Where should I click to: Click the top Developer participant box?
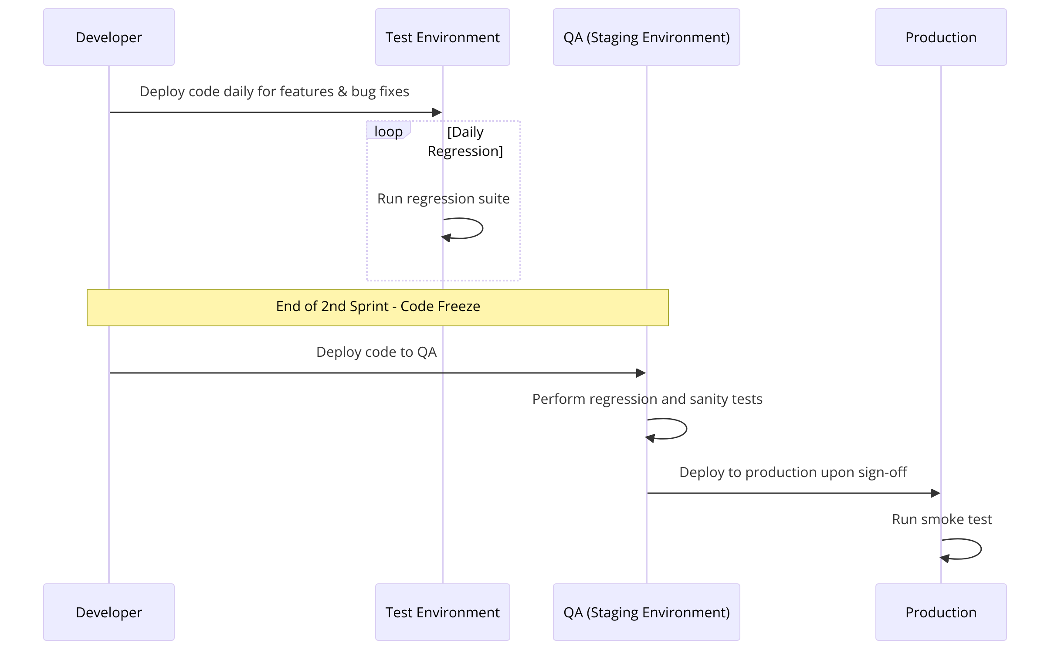point(109,37)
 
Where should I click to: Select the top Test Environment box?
point(442,37)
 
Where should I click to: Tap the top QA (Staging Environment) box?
point(646,37)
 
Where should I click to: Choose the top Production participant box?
point(941,37)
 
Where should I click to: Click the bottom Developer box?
point(109,612)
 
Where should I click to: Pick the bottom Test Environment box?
point(442,612)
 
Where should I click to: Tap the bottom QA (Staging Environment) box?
point(646,612)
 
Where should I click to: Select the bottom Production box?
point(941,612)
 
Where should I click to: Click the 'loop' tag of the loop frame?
point(388,131)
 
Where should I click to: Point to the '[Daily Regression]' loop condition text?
point(465,141)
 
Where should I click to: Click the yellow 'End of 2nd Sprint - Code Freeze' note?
point(377,307)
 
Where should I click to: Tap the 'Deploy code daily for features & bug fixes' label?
point(274,91)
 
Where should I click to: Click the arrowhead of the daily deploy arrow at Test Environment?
point(437,112)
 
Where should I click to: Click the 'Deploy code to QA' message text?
point(376,352)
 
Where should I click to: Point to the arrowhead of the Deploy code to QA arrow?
point(641,373)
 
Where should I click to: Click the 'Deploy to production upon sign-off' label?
point(793,472)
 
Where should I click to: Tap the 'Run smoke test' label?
point(942,519)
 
